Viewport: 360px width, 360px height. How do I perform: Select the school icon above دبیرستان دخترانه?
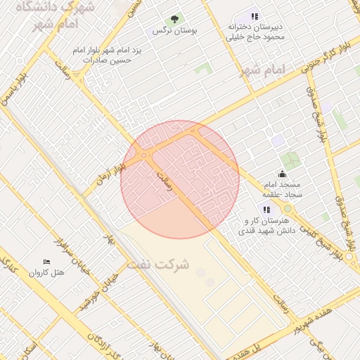(255, 15)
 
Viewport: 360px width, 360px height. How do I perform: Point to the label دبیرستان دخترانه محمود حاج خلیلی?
(255, 32)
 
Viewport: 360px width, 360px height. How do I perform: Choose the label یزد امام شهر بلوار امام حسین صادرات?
(107, 56)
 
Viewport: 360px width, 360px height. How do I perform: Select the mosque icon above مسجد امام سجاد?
(282, 174)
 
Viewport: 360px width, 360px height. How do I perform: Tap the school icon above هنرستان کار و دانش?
(266, 209)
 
